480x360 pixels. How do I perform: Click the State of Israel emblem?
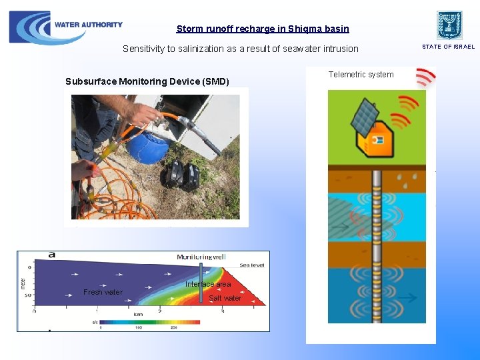pyautogui.click(x=449, y=25)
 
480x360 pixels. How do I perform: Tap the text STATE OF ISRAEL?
pyautogui.click(x=448, y=47)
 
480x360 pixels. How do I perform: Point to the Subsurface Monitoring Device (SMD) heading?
pyautogui.click(x=147, y=81)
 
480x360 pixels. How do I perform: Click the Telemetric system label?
pyautogui.click(x=361, y=75)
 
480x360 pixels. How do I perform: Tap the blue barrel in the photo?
pyautogui.click(x=149, y=143)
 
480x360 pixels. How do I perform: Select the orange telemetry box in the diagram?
pyautogui.click(x=375, y=141)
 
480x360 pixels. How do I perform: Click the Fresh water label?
pyautogui.click(x=103, y=292)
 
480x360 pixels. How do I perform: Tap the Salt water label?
pyautogui.click(x=225, y=298)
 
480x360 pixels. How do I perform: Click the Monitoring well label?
pyautogui.click(x=201, y=257)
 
